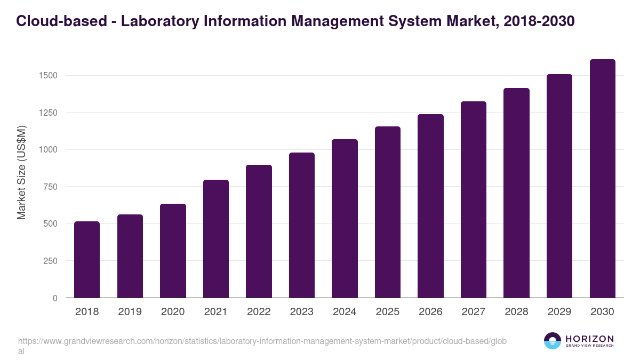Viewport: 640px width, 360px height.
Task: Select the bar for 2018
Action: [87, 260]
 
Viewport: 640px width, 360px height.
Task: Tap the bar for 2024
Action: [345, 219]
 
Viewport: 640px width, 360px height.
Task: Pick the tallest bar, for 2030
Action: [602, 179]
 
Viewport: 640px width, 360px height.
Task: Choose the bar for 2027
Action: [474, 199]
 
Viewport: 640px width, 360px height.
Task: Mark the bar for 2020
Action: [173, 251]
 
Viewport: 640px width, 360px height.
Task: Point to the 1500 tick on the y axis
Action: [47, 76]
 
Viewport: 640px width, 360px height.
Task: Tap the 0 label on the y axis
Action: [55, 298]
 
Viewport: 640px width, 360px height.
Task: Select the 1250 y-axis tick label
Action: [47, 113]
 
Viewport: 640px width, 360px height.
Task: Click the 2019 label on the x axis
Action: [130, 312]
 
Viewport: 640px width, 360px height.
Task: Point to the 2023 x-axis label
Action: [301, 312]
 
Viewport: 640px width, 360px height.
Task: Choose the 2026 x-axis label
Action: [430, 312]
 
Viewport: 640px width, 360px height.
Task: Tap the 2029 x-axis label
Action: [559, 312]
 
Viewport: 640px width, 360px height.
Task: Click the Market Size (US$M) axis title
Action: [21, 172]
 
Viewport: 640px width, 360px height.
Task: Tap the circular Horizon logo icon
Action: [553, 341]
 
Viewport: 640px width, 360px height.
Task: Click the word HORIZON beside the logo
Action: [589, 338]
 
